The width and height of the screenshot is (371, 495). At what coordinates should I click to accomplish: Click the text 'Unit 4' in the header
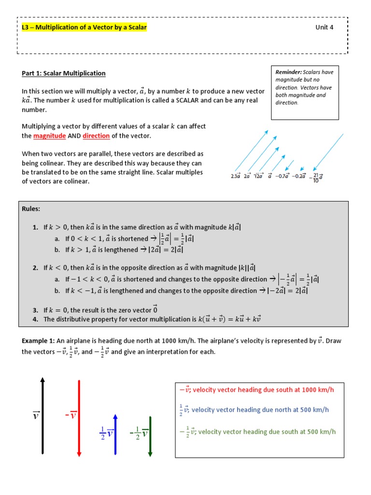pyautogui.click(x=324, y=27)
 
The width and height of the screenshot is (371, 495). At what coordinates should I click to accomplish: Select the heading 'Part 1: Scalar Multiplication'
pyautogui.click(x=63, y=73)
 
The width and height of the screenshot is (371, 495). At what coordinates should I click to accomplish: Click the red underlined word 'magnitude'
pyautogui.click(x=49, y=136)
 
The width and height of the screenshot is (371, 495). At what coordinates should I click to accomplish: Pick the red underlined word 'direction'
pyautogui.click(x=96, y=136)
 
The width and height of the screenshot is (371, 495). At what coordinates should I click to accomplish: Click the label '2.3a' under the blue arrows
pyautogui.click(x=236, y=176)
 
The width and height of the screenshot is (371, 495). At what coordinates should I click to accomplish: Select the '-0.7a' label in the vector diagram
pyautogui.click(x=282, y=176)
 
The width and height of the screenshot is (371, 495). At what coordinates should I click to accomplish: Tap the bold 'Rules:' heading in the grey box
pyautogui.click(x=31, y=209)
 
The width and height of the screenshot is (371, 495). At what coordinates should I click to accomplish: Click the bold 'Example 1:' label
pyautogui.click(x=39, y=341)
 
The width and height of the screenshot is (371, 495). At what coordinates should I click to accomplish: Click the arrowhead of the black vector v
pyautogui.click(x=43, y=380)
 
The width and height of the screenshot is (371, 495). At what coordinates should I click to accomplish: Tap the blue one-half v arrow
pyautogui.click(x=115, y=434)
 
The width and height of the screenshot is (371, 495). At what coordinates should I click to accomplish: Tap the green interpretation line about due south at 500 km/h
pyautogui.click(x=257, y=432)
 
